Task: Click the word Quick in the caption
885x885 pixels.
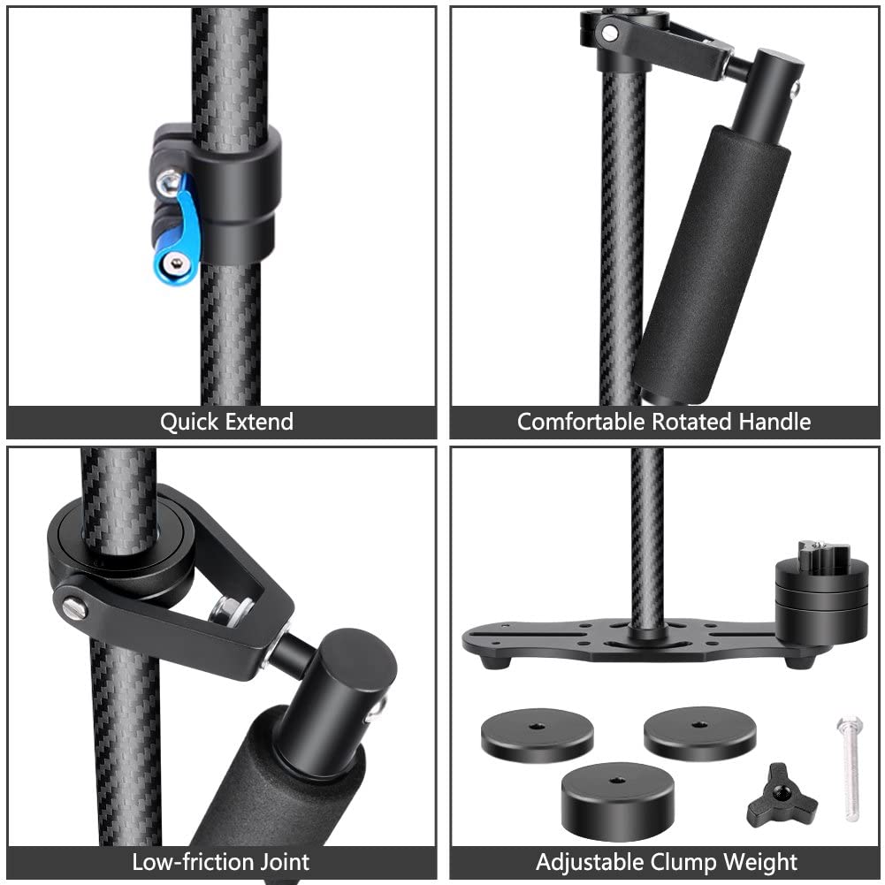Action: (188, 422)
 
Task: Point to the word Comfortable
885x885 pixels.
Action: (582, 422)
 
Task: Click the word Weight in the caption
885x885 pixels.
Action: (766, 862)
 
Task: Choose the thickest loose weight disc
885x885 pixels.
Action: (610, 799)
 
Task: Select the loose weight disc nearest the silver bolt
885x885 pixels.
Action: (700, 732)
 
